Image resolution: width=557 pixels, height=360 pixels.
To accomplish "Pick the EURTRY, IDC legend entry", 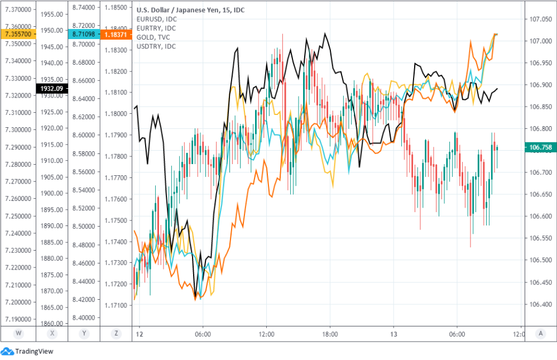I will [156, 28].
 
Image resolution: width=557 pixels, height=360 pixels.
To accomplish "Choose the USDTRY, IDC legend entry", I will [156, 46].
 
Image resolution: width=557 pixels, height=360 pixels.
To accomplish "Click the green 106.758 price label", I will [540, 147].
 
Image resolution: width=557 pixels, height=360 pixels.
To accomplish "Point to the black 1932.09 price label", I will [52, 88].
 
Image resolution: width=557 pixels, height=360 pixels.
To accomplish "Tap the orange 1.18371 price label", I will [116, 34].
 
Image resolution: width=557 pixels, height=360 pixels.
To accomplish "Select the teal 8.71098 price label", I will [84, 34].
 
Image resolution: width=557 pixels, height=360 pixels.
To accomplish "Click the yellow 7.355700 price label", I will [18, 34].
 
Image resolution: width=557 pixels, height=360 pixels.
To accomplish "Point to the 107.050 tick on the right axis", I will [540, 19].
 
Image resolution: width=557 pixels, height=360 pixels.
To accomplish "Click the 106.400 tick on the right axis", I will [540, 304].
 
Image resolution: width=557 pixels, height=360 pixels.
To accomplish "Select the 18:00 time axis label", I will [330, 335].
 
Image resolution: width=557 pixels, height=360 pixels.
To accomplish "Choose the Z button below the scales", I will [116, 334].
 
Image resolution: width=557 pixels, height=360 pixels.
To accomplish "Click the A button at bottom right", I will [541, 334].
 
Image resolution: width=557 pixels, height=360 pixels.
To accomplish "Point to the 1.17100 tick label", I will [116, 305].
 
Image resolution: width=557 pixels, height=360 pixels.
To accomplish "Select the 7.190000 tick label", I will [18, 319].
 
